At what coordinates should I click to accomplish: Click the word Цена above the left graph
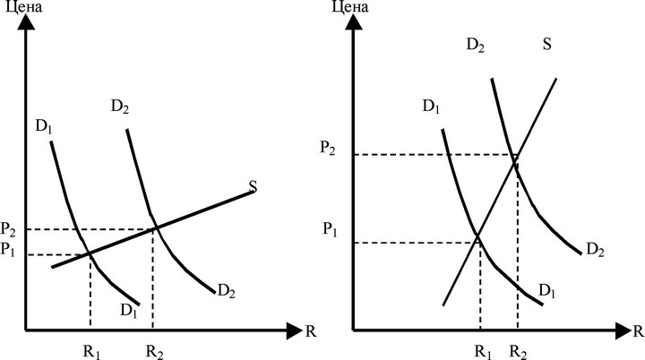coord(24,6)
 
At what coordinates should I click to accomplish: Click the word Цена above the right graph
coord(350,6)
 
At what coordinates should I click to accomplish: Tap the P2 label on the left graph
coord(8,229)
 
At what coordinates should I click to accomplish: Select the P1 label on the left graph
coord(8,249)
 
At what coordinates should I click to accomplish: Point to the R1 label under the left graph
coord(92,352)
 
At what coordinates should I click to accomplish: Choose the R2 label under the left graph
coord(155,352)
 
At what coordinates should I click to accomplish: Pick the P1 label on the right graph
coord(330,229)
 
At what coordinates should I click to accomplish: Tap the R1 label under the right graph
coord(484,352)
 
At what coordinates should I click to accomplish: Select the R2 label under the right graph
coord(519,352)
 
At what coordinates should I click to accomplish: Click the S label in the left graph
coord(253,187)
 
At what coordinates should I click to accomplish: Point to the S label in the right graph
coord(547,44)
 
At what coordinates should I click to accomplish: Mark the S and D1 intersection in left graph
coord(90,254)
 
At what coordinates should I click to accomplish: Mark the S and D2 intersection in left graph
coord(156,228)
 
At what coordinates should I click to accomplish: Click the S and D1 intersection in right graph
coord(477,236)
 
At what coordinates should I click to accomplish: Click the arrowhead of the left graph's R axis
coord(295,330)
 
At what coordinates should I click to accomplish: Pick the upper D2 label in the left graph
coord(120,107)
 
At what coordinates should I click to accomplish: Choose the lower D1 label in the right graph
coord(547,291)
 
